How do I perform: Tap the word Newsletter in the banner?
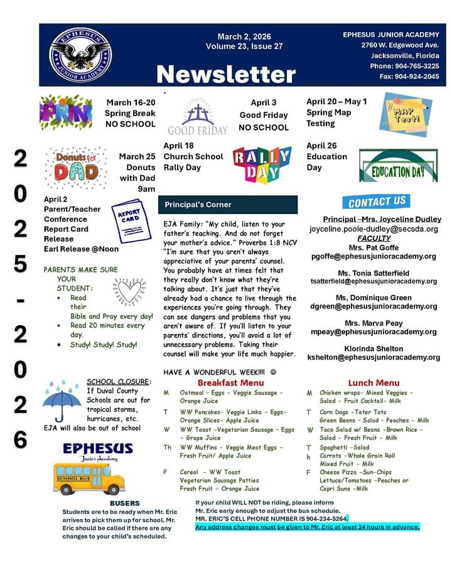pyautogui.click(x=225, y=75)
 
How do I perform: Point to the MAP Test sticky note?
pyautogui.click(x=407, y=114)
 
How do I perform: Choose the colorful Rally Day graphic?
pyautogui.click(x=262, y=164)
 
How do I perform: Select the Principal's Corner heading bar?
pyautogui.click(x=227, y=205)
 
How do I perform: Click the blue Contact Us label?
pyautogui.click(x=377, y=201)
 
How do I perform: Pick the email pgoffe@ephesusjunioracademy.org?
pyautogui.click(x=374, y=256)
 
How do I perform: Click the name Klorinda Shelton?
pyautogui.click(x=374, y=348)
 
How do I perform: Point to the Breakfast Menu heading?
pyautogui.click(x=230, y=382)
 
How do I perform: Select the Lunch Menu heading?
pyautogui.click(x=374, y=382)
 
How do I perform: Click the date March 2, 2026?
pyautogui.click(x=244, y=36)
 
